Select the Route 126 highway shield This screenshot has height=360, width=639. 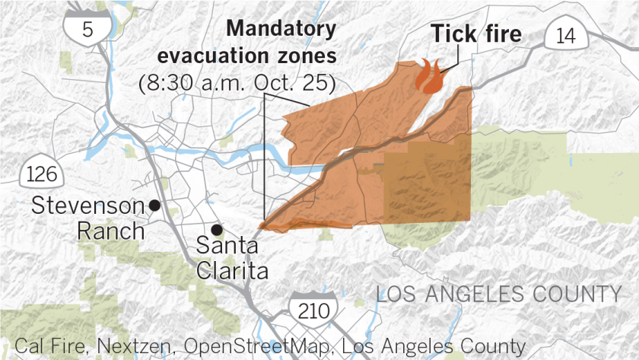(x=40, y=173)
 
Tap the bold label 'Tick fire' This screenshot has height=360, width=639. (x=477, y=34)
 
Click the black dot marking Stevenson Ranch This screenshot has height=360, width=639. (x=154, y=205)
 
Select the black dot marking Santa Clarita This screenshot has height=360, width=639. (x=217, y=230)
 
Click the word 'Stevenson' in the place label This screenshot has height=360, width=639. (x=88, y=205)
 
